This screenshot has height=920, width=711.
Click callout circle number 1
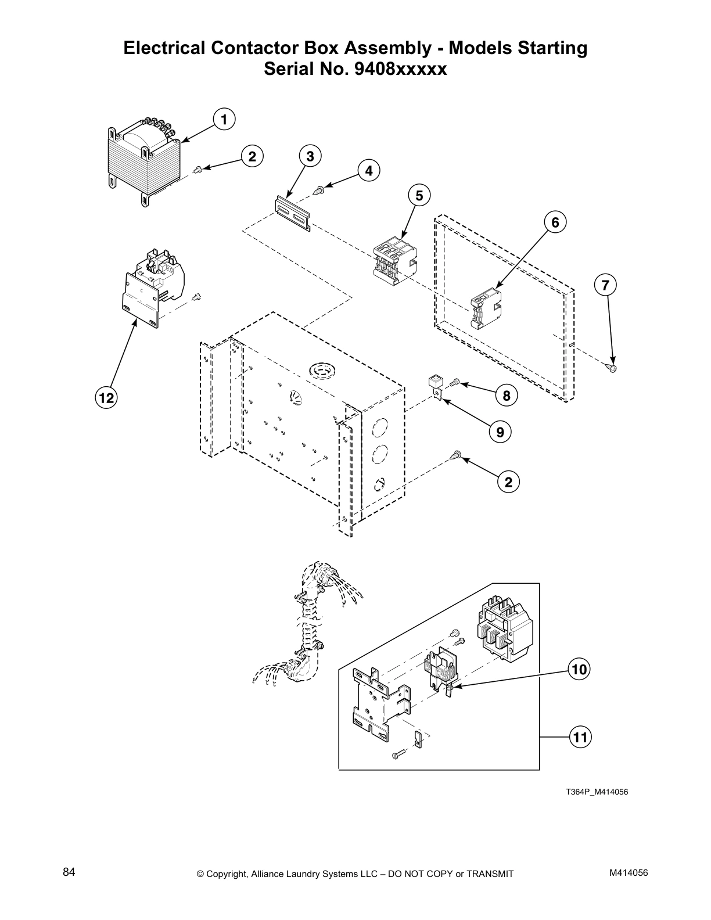(x=223, y=119)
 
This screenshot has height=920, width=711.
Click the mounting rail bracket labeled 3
(x=292, y=214)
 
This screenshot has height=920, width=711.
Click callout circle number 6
(x=555, y=222)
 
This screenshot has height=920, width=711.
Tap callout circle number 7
(x=605, y=285)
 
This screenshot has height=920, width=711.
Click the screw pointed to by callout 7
(x=613, y=367)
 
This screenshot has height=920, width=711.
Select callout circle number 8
(x=507, y=396)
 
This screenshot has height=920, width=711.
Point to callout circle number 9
(x=500, y=432)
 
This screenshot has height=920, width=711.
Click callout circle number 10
(x=579, y=669)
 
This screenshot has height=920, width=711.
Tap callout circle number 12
(x=106, y=398)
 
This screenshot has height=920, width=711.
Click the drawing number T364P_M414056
(x=597, y=792)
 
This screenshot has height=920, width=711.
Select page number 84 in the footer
(x=69, y=872)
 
